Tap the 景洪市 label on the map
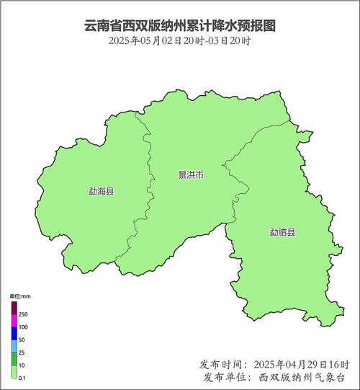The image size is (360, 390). coord(191,175)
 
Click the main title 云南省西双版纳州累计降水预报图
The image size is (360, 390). coord(180,25)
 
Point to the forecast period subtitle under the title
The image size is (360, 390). coord(180,40)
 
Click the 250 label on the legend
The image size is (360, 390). coord(23,315)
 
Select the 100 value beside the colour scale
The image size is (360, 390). coord(23,327)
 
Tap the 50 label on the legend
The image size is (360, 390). coord(22,340)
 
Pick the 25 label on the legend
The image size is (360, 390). coord(22,352)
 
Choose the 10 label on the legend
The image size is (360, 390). coord(22,365)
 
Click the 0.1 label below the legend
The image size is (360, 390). coord(22,378)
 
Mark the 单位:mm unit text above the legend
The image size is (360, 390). coord(19,296)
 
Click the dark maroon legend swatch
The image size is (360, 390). coord(14,308)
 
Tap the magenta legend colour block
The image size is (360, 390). coord(14,321)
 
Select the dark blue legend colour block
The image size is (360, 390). coord(14,333)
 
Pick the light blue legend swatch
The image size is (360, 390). coord(14,345)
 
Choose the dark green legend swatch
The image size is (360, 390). coord(14,358)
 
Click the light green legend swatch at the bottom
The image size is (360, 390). coord(14,371)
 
